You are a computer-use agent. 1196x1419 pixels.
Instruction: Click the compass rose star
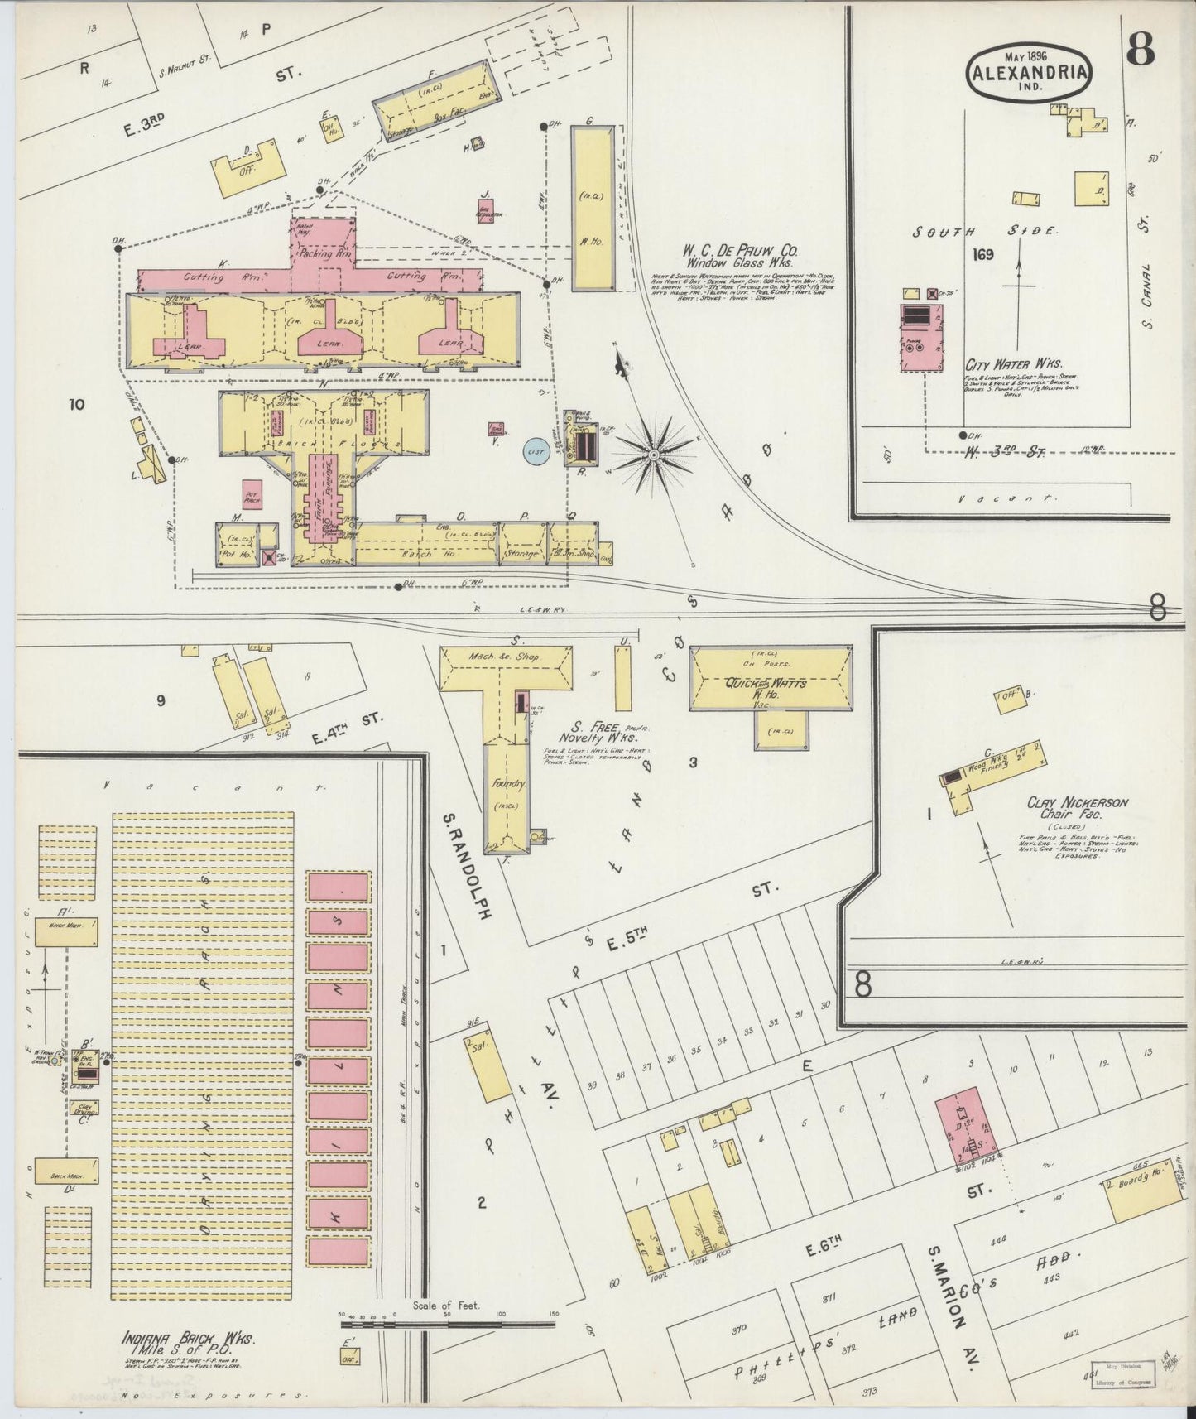[x=654, y=455]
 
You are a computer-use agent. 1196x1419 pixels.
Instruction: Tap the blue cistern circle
[x=536, y=452]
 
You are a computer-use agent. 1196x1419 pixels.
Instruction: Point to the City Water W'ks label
[x=1013, y=363]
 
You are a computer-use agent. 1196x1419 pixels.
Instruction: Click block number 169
[x=983, y=255]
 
